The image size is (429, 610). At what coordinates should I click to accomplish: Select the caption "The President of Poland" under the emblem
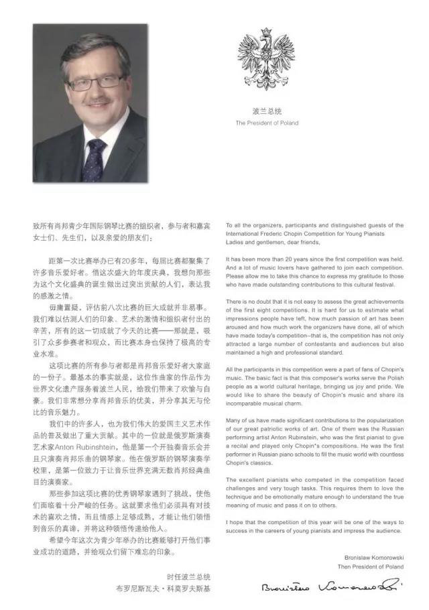click(x=267, y=123)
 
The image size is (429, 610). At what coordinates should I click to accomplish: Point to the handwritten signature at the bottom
click(x=331, y=587)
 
